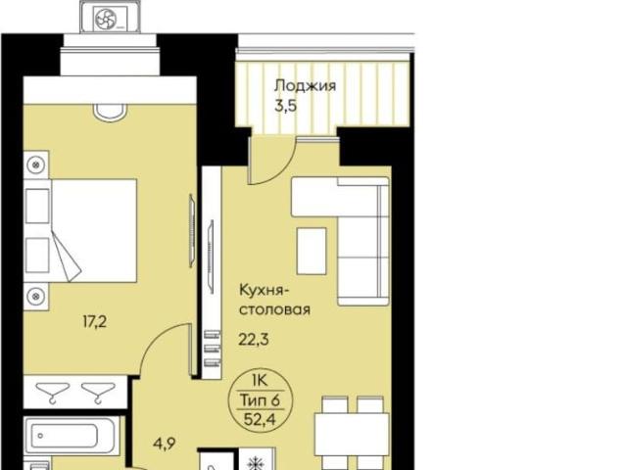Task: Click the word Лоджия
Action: pyautogui.click(x=305, y=86)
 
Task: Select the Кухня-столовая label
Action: pyautogui.click(x=274, y=301)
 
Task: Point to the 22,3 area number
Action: pyautogui.click(x=253, y=340)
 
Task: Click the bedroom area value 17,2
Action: pyautogui.click(x=95, y=319)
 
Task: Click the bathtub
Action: pyautogui.click(x=71, y=435)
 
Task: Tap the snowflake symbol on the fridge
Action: pyautogui.click(x=258, y=460)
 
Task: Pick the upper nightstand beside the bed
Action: pyautogui.click(x=36, y=166)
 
